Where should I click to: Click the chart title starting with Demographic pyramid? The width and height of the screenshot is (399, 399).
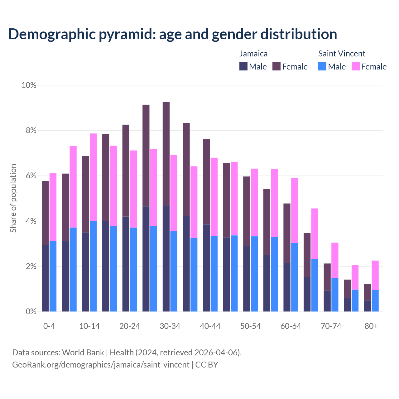point(172,34)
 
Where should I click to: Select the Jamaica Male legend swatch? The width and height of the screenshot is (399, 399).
point(243,66)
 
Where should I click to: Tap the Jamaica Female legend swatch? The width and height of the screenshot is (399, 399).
point(276,66)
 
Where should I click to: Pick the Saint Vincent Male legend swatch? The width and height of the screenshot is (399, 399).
point(322,66)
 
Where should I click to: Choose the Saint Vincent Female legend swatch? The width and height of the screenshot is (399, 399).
point(356,66)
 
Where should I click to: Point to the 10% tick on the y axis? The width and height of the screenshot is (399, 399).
point(29,85)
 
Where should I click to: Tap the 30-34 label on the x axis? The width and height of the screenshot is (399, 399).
point(170,326)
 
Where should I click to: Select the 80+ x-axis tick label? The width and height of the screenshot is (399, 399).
point(371,326)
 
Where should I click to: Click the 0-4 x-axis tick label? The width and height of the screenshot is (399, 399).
point(49,326)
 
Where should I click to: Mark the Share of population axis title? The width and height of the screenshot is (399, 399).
point(13,198)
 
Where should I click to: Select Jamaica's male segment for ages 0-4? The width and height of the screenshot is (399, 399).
point(45,278)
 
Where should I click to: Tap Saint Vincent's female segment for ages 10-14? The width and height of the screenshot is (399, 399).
point(93,177)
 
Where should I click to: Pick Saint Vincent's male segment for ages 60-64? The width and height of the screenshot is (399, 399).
point(295,277)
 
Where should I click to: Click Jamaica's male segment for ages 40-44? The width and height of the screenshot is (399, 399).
point(206,267)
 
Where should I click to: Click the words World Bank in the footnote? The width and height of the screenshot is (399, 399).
point(83,353)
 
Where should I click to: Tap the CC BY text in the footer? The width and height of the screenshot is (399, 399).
point(207,364)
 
